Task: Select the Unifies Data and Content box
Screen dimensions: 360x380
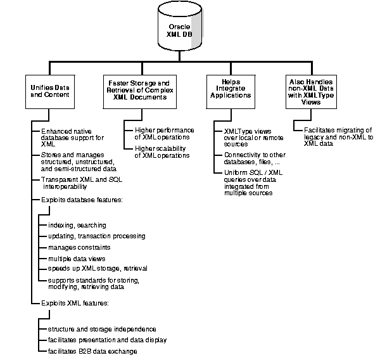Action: [51, 91]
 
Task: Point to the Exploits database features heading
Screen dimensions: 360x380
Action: [80, 200]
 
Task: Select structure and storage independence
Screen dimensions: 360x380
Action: [101, 330]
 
